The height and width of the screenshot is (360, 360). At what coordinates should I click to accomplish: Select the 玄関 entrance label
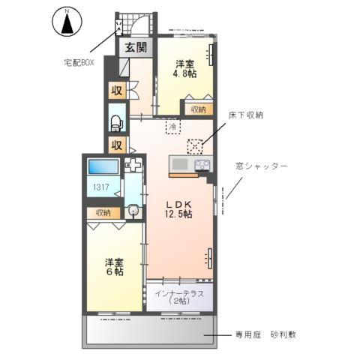pos(136,48)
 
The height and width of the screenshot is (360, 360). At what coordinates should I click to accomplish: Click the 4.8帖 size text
pos(187,74)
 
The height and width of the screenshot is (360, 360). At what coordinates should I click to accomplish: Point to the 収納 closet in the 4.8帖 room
pos(197,109)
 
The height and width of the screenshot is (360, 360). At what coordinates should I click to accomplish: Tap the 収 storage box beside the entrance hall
pos(117,92)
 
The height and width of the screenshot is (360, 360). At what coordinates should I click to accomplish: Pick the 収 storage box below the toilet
pos(117,144)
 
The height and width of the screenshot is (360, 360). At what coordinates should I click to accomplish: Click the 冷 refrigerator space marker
pos(172,127)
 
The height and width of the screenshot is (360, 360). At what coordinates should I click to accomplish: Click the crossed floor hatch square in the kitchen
pos(196,146)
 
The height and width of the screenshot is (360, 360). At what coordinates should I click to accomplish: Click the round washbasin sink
pos(133,211)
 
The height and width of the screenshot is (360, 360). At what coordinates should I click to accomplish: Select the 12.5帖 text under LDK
pos(178,214)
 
